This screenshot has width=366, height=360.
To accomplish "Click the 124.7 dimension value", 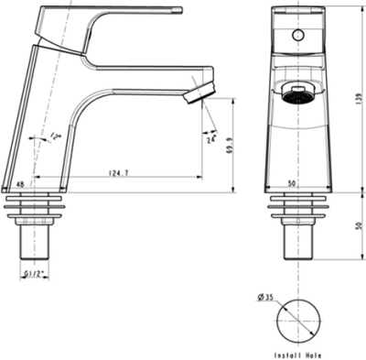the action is click(x=119, y=173).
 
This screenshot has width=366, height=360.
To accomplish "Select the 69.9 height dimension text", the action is click(x=230, y=146).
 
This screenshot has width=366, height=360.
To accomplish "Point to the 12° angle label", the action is click(x=56, y=136).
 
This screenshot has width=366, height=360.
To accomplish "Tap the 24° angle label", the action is click(x=211, y=139).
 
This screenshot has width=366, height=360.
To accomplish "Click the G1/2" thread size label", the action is click(x=34, y=274).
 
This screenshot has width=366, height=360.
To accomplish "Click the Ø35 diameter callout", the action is click(x=265, y=297).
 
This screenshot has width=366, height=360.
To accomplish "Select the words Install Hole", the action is click(x=297, y=355).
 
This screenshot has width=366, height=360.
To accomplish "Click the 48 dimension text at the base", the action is click(x=20, y=184).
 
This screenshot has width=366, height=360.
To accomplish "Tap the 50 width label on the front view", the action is click(x=292, y=184).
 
